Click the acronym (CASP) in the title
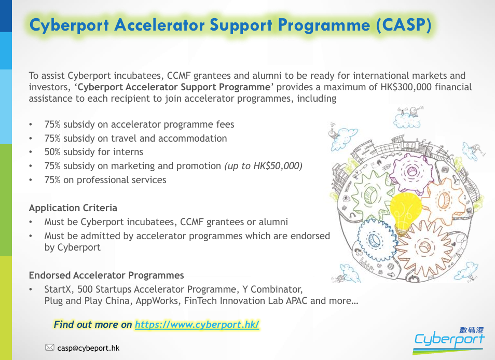click(404, 25)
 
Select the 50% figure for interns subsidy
click(52, 152)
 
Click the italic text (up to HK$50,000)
click(263, 166)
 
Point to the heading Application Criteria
click(73, 208)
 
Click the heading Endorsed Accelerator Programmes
click(106, 275)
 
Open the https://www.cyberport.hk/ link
click(197, 325)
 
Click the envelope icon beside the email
click(50, 348)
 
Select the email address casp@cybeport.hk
click(88, 348)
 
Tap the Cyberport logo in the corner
click(449, 340)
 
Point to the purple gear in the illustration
click(411, 172)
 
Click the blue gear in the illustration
click(376, 240)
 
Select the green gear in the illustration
click(372, 196)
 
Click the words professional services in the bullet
click(121, 180)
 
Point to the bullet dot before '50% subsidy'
click(31, 153)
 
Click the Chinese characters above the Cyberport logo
click(471, 330)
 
